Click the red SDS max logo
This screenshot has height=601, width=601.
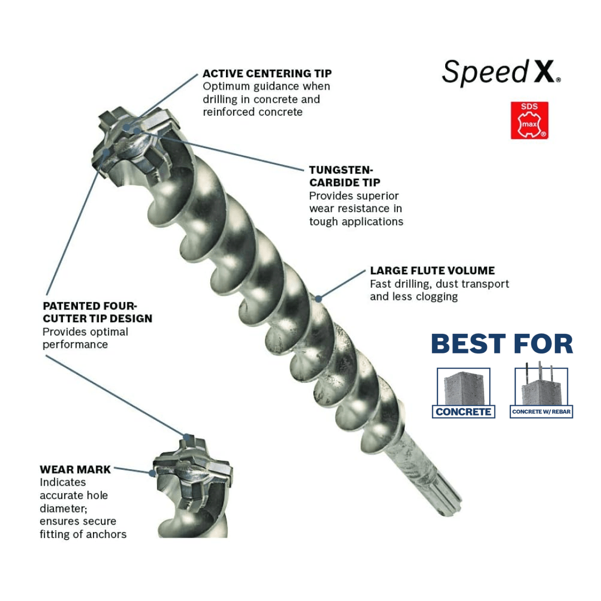click(x=529, y=120)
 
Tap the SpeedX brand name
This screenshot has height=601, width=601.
click(x=501, y=73)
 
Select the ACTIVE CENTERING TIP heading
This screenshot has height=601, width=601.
click(x=267, y=73)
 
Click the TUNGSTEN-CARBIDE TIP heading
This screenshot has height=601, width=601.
click(x=345, y=176)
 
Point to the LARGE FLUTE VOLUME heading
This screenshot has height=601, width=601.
click(x=432, y=271)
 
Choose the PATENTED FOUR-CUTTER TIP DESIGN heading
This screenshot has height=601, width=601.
click(x=97, y=312)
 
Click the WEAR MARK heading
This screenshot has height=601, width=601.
click(x=75, y=470)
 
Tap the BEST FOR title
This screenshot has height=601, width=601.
click(x=502, y=344)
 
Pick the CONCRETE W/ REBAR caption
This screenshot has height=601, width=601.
click(x=541, y=412)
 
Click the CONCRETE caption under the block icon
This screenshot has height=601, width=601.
click(x=463, y=412)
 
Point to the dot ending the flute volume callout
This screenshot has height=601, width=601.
click(x=318, y=298)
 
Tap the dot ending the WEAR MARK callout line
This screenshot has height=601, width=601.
click(x=151, y=473)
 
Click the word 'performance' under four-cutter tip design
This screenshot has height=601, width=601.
click(x=75, y=344)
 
